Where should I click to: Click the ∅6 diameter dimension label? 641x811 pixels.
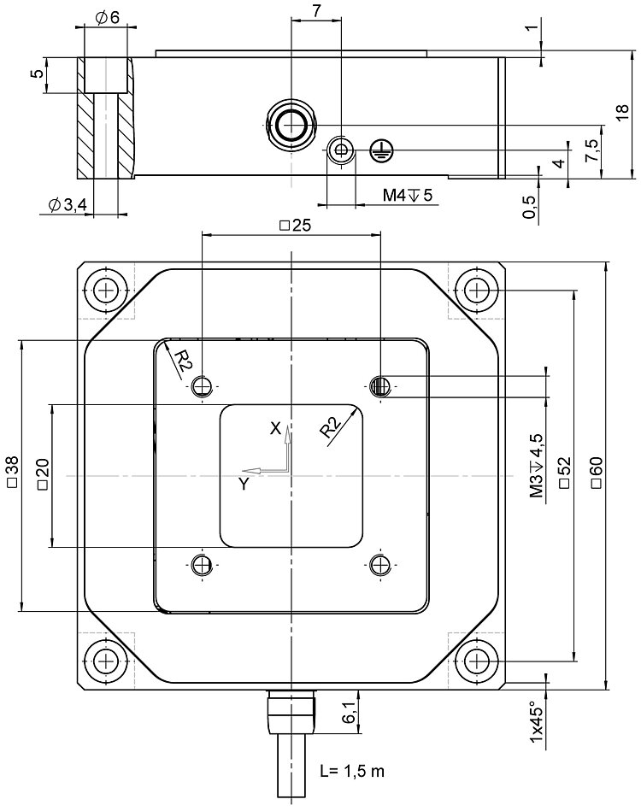(107, 18)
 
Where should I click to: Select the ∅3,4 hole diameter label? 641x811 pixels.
(68, 205)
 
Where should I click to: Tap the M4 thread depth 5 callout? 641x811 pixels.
(408, 196)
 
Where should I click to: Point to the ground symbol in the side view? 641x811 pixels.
(380, 151)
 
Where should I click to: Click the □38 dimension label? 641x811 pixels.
(12, 474)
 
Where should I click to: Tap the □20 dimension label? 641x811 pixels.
(43, 474)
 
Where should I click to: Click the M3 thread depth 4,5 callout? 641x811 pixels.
(537, 466)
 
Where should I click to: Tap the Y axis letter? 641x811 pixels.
(244, 484)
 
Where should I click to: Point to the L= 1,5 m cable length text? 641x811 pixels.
(352, 771)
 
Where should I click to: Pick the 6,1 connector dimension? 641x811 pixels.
(349, 711)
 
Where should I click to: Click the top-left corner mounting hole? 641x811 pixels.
(106, 290)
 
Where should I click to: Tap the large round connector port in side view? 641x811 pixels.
(291, 125)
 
